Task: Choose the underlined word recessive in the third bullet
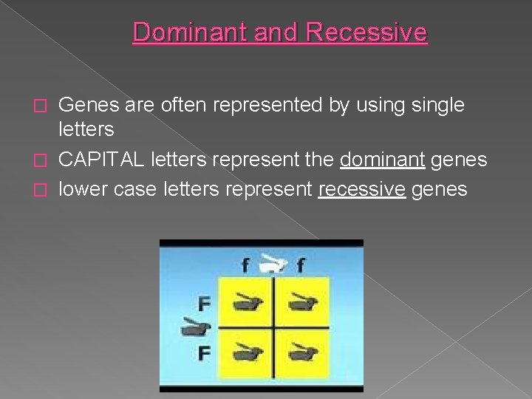(x=361, y=189)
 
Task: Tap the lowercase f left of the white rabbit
(x=245, y=264)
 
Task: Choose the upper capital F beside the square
(x=205, y=302)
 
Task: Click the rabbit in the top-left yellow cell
(x=245, y=301)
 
